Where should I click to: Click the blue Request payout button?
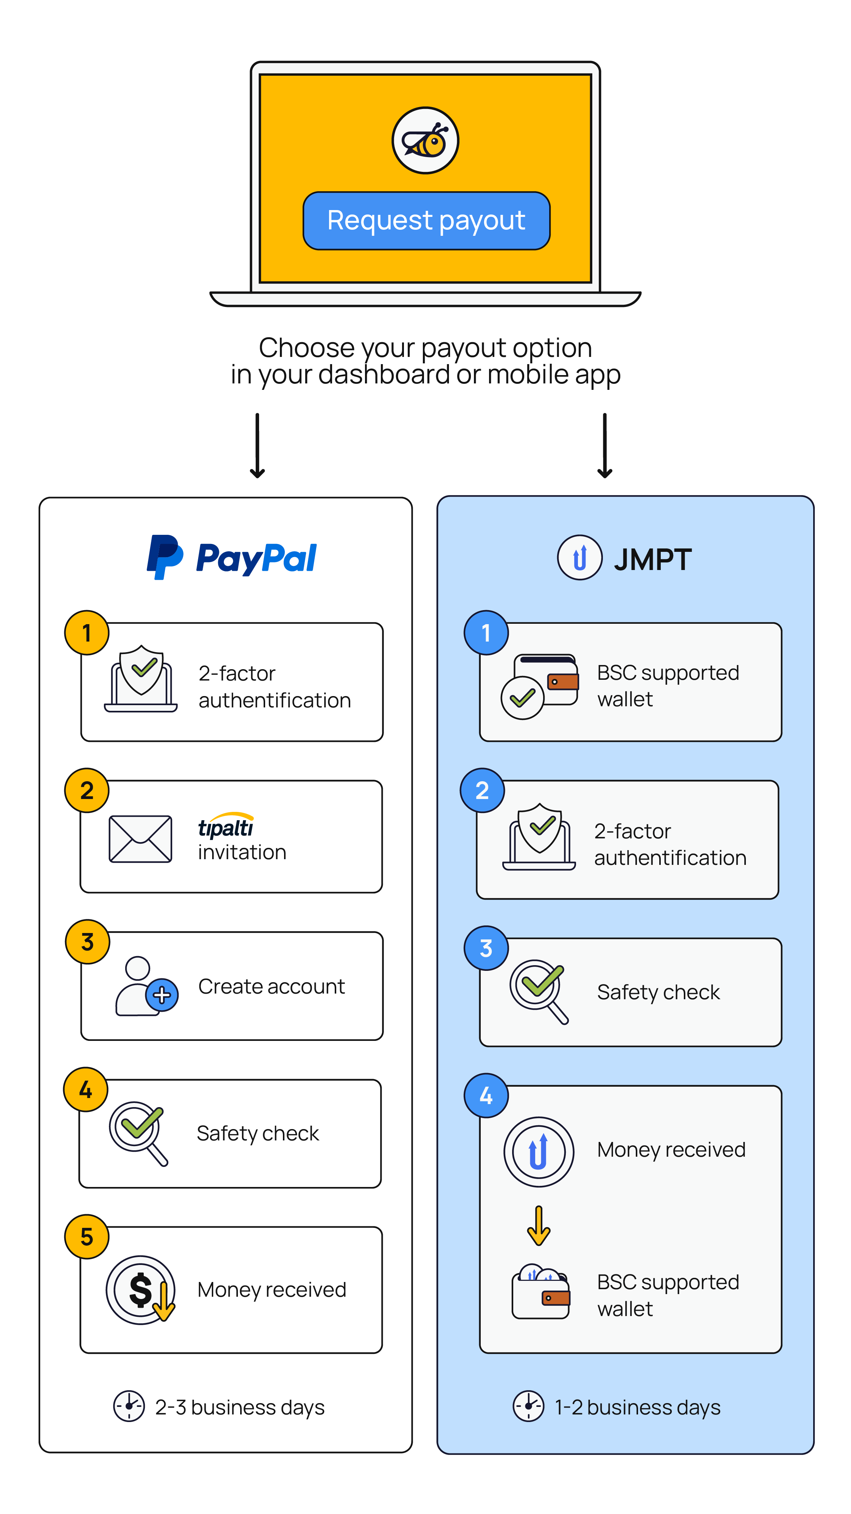(x=426, y=220)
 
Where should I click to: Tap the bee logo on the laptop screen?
(x=425, y=140)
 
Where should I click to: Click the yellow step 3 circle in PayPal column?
(x=87, y=942)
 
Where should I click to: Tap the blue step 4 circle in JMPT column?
(x=486, y=1095)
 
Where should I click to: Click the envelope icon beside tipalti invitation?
(x=140, y=839)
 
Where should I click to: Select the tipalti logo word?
(x=225, y=826)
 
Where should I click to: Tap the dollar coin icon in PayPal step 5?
(x=140, y=1290)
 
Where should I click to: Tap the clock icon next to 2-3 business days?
(x=129, y=1407)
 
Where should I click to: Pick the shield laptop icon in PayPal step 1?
(x=141, y=680)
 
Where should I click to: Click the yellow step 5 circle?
(x=87, y=1237)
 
